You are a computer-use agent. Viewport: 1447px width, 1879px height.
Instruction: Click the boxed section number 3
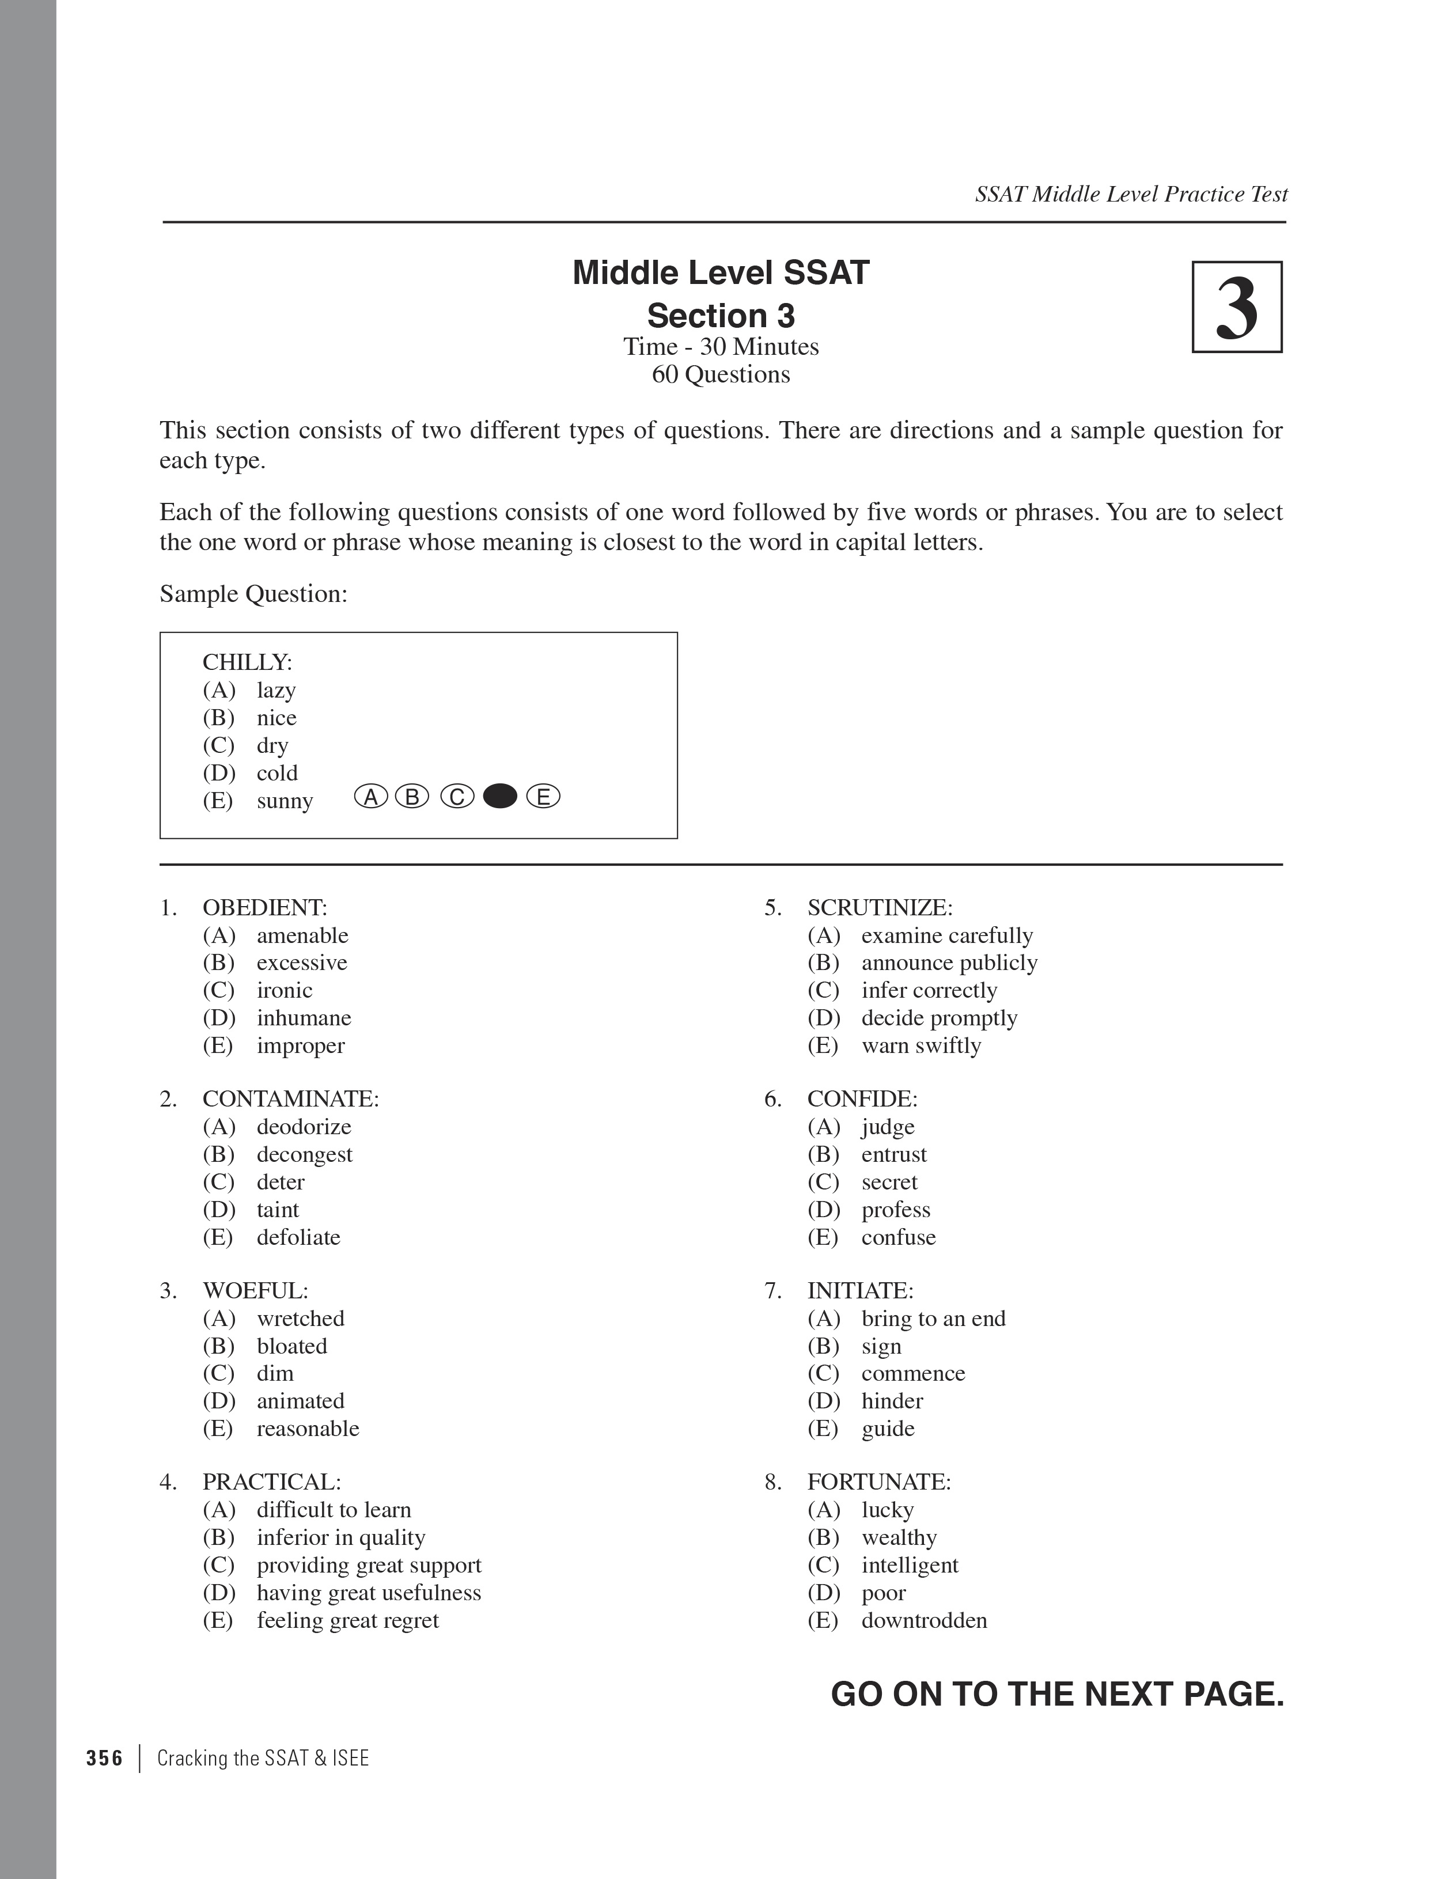click(x=1236, y=307)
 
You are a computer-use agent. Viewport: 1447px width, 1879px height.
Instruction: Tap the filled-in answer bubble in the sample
click(x=500, y=797)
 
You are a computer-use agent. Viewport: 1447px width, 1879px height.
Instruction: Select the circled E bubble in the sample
click(x=543, y=797)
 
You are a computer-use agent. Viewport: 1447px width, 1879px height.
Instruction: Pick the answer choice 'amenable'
click(x=302, y=935)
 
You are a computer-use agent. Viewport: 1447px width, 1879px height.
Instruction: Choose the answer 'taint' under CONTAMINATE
click(x=277, y=1210)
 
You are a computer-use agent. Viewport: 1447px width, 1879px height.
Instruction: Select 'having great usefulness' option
click(x=368, y=1593)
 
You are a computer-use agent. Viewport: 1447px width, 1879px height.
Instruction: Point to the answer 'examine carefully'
click(x=946, y=935)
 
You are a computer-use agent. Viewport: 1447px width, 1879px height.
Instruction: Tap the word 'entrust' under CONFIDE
click(x=894, y=1154)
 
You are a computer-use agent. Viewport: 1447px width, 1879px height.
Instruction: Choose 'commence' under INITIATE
click(x=913, y=1373)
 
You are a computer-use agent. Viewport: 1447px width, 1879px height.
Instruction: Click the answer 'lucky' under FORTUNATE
click(x=887, y=1510)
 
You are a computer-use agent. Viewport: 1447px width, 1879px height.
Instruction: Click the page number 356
click(x=105, y=1757)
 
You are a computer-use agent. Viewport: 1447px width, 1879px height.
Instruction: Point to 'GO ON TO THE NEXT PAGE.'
click(x=1057, y=1694)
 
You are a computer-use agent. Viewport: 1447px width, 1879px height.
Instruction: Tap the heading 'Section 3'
click(x=721, y=316)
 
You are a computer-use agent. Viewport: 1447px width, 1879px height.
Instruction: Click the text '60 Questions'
click(x=721, y=374)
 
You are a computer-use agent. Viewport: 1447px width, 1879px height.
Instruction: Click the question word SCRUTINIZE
click(x=879, y=908)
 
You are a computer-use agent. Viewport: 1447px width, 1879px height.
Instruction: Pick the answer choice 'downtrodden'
click(x=924, y=1620)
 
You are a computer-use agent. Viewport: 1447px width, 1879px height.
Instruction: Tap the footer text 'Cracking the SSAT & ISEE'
click(x=263, y=1757)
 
